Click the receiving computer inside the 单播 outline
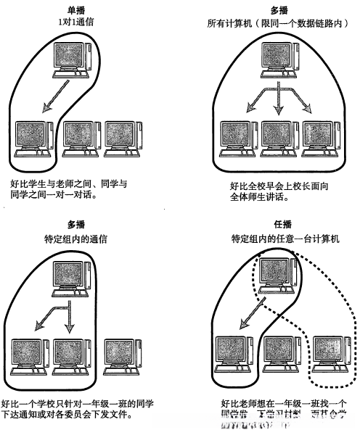[x=33, y=138]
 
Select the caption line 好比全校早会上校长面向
[x=269, y=184]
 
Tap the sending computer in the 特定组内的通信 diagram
[x=73, y=278]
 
